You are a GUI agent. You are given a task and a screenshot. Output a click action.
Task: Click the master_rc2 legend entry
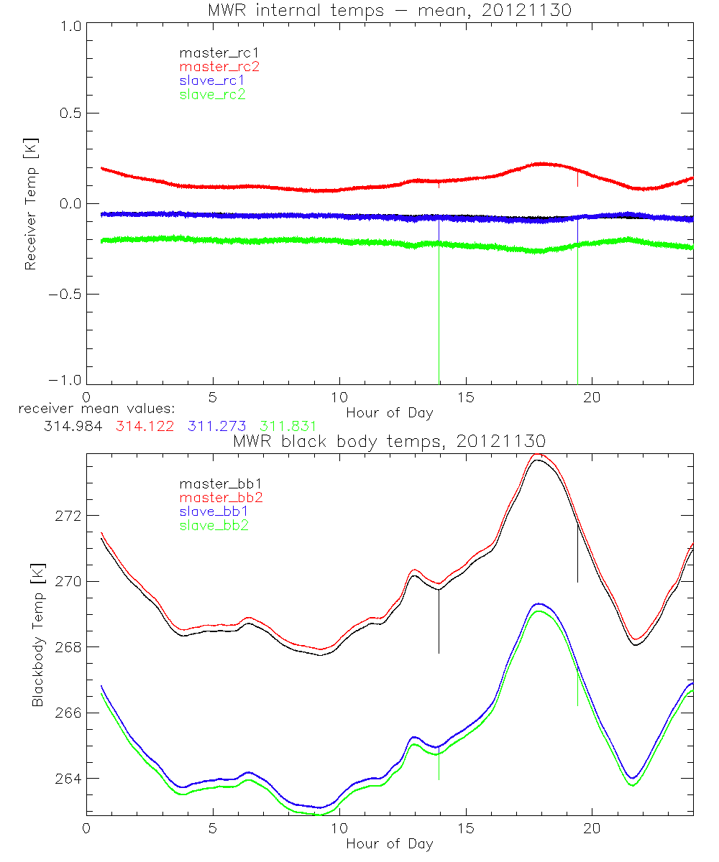point(219,66)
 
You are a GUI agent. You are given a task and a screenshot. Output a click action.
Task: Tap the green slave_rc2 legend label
point(213,94)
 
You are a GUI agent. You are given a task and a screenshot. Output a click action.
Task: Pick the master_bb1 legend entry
point(219,483)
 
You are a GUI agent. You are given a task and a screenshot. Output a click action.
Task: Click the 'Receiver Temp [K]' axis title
point(30,204)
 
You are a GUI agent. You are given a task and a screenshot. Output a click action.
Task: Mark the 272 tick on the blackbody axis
point(70,516)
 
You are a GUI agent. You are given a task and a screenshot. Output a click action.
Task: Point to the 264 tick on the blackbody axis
point(70,779)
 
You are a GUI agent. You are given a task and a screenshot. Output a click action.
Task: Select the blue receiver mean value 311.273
point(217,427)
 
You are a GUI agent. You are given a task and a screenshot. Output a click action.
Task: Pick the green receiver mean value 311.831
point(288,427)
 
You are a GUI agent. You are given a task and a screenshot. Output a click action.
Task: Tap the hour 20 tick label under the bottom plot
point(592,827)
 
